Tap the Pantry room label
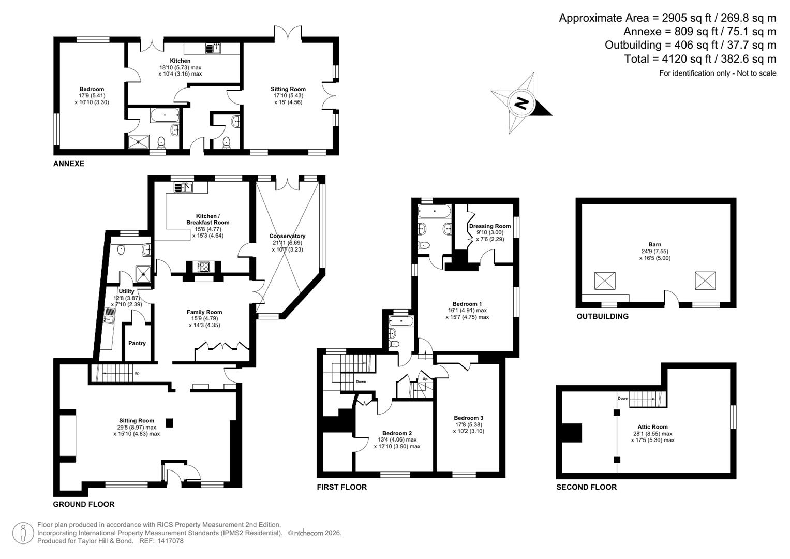click(x=137, y=343)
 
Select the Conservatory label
click(x=287, y=236)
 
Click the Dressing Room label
click(x=489, y=226)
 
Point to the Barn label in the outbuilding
click(x=654, y=245)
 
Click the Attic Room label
click(x=652, y=427)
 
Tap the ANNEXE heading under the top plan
click(x=68, y=164)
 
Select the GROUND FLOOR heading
click(x=84, y=504)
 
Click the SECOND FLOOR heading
click(x=586, y=487)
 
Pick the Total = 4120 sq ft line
click(x=700, y=59)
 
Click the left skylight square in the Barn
click(x=605, y=281)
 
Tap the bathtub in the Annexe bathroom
click(x=165, y=115)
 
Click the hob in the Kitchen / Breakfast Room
click(x=203, y=267)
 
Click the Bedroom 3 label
click(x=468, y=418)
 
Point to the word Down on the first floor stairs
click(x=361, y=382)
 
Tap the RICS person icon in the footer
click(x=23, y=534)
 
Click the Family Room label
click(x=204, y=312)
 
